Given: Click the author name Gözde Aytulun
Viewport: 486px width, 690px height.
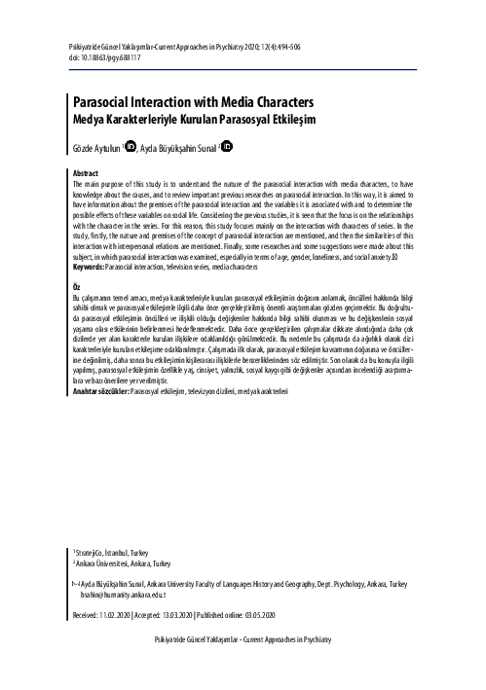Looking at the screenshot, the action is (96, 149).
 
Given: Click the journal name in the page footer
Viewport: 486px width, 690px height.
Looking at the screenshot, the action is (243, 665).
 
